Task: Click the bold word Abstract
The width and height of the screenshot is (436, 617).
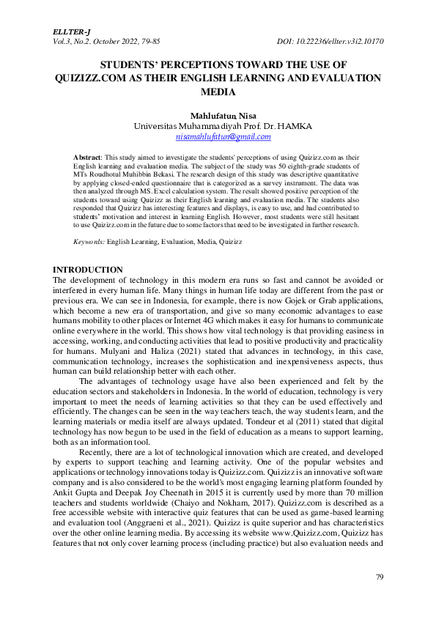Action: click(89, 158)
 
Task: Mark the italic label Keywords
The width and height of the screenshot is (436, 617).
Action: click(89, 241)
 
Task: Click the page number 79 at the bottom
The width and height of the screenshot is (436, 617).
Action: click(379, 577)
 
